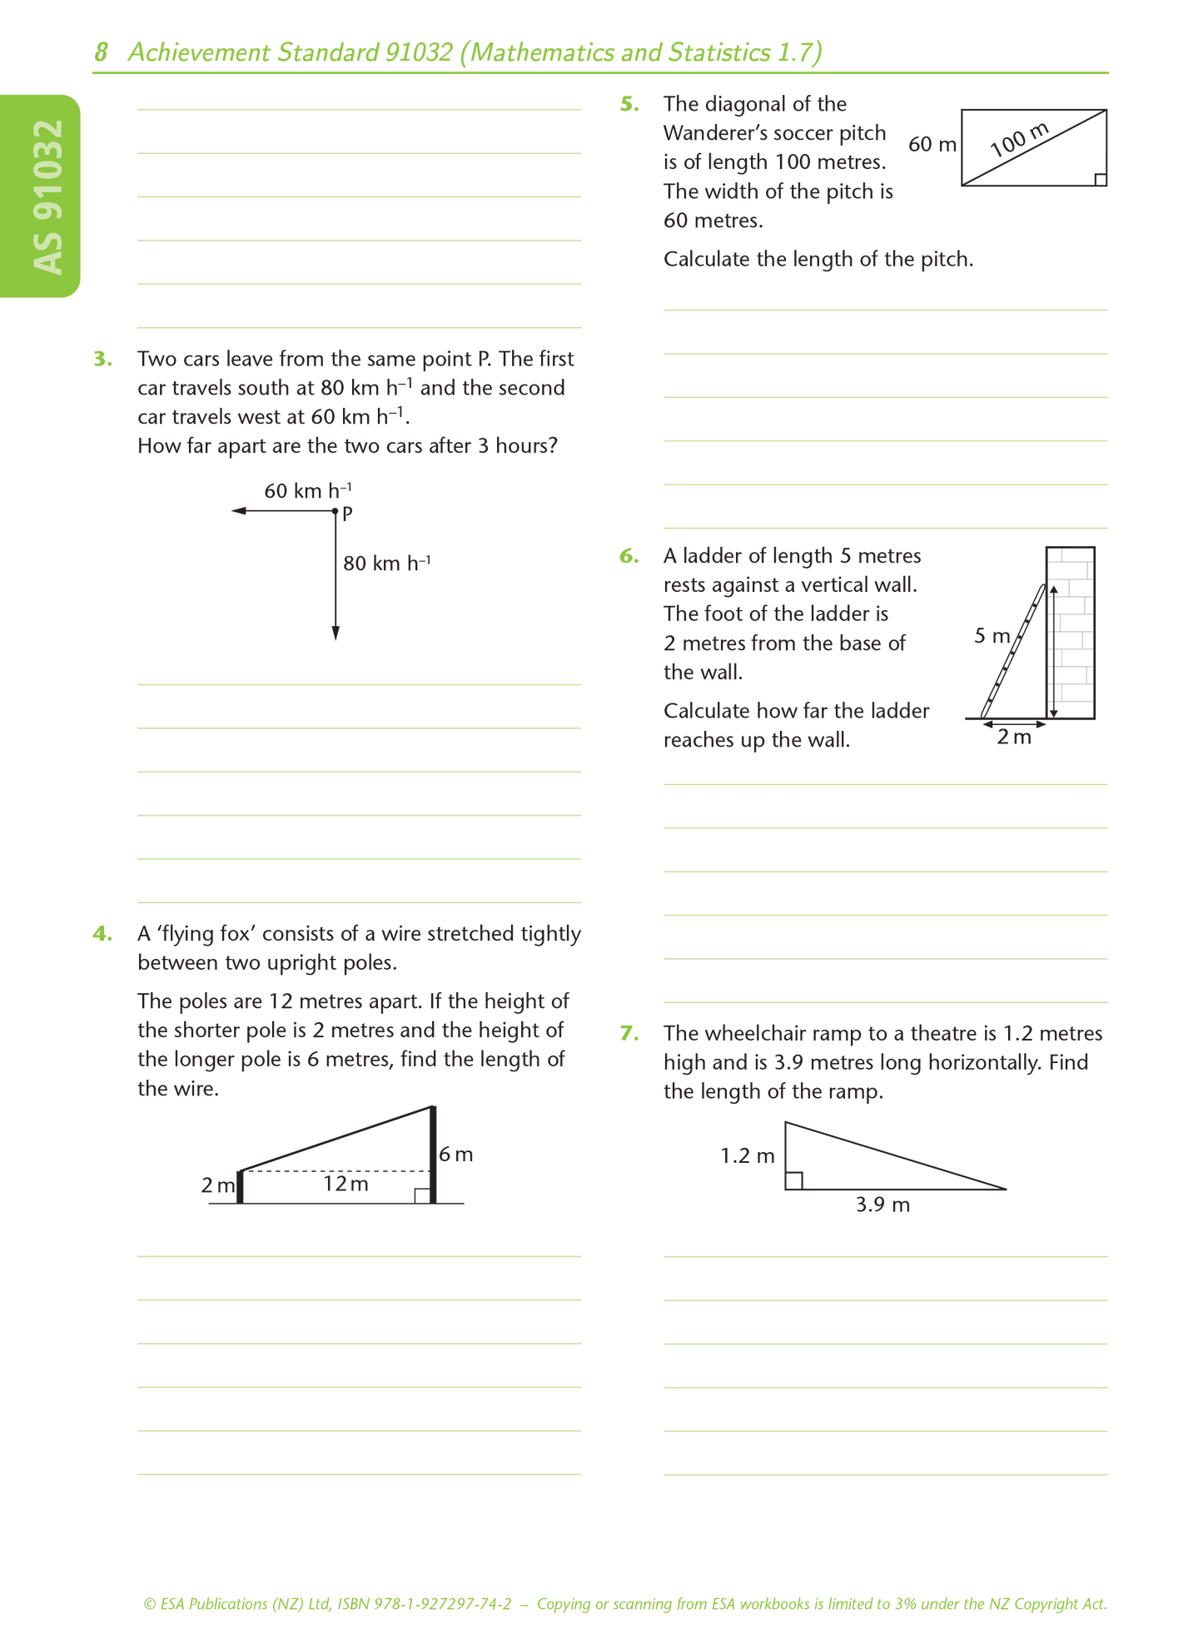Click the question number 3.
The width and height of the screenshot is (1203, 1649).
(102, 360)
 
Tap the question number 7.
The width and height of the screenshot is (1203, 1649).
(629, 1034)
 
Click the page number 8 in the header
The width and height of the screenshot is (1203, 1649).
(101, 52)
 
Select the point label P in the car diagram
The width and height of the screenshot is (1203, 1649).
(348, 514)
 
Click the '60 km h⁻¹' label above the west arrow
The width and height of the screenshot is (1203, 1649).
(307, 490)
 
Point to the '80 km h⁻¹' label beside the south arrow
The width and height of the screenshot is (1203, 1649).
(386, 564)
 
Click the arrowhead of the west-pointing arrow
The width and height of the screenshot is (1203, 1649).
(239, 510)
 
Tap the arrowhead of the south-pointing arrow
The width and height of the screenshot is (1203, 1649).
(336, 633)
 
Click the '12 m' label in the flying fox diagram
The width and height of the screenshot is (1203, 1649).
(345, 1184)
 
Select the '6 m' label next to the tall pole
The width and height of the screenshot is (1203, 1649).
(455, 1155)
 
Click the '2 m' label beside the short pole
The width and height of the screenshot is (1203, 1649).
(217, 1185)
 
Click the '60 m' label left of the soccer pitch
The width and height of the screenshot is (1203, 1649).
(932, 145)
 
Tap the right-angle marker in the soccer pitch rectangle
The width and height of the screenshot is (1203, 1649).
(1100, 180)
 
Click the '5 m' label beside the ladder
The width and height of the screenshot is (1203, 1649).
(992, 636)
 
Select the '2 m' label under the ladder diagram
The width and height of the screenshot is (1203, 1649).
(1013, 738)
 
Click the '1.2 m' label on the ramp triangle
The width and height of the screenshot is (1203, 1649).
(747, 1156)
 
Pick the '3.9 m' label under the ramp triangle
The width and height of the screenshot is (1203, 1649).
(882, 1204)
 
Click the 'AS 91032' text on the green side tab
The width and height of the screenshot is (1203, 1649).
(48, 196)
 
